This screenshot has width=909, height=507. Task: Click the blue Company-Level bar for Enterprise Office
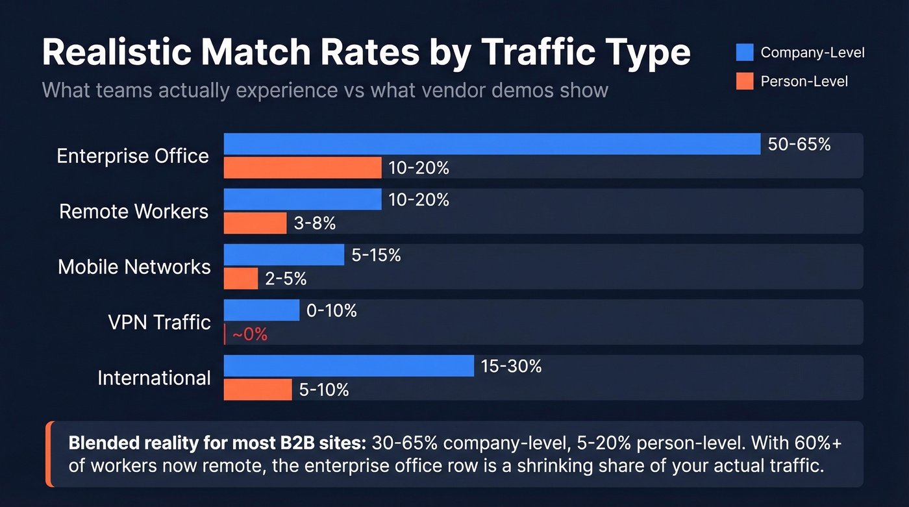click(492, 144)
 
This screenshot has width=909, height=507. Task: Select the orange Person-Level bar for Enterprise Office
click(303, 167)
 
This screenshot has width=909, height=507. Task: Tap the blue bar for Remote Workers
click(303, 199)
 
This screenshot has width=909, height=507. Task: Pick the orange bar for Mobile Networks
click(241, 279)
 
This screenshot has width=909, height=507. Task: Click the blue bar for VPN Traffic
click(262, 310)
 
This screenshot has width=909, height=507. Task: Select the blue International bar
click(349, 366)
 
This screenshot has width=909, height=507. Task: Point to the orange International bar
click(258, 390)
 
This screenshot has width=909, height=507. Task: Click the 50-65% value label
click(799, 144)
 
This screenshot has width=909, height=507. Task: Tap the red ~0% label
click(249, 335)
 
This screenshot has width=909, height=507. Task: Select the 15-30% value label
click(511, 366)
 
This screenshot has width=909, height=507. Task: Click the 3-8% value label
click(315, 223)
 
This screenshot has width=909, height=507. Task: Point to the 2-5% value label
click(286, 279)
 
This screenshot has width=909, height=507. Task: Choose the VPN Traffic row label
click(159, 323)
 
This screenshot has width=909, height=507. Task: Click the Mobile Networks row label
click(134, 267)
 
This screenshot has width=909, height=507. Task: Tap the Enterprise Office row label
click(132, 156)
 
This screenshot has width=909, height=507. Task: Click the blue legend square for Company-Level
click(745, 53)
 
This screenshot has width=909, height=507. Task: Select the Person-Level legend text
click(804, 81)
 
